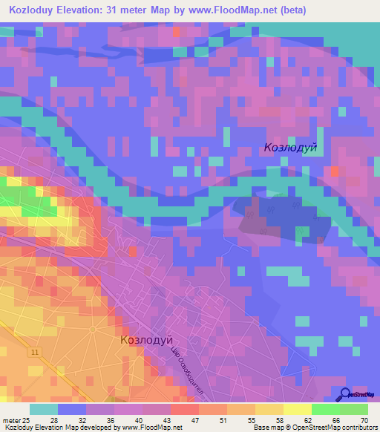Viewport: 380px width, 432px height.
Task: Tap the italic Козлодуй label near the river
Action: click(290, 148)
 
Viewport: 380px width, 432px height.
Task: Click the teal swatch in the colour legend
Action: click(44, 408)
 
